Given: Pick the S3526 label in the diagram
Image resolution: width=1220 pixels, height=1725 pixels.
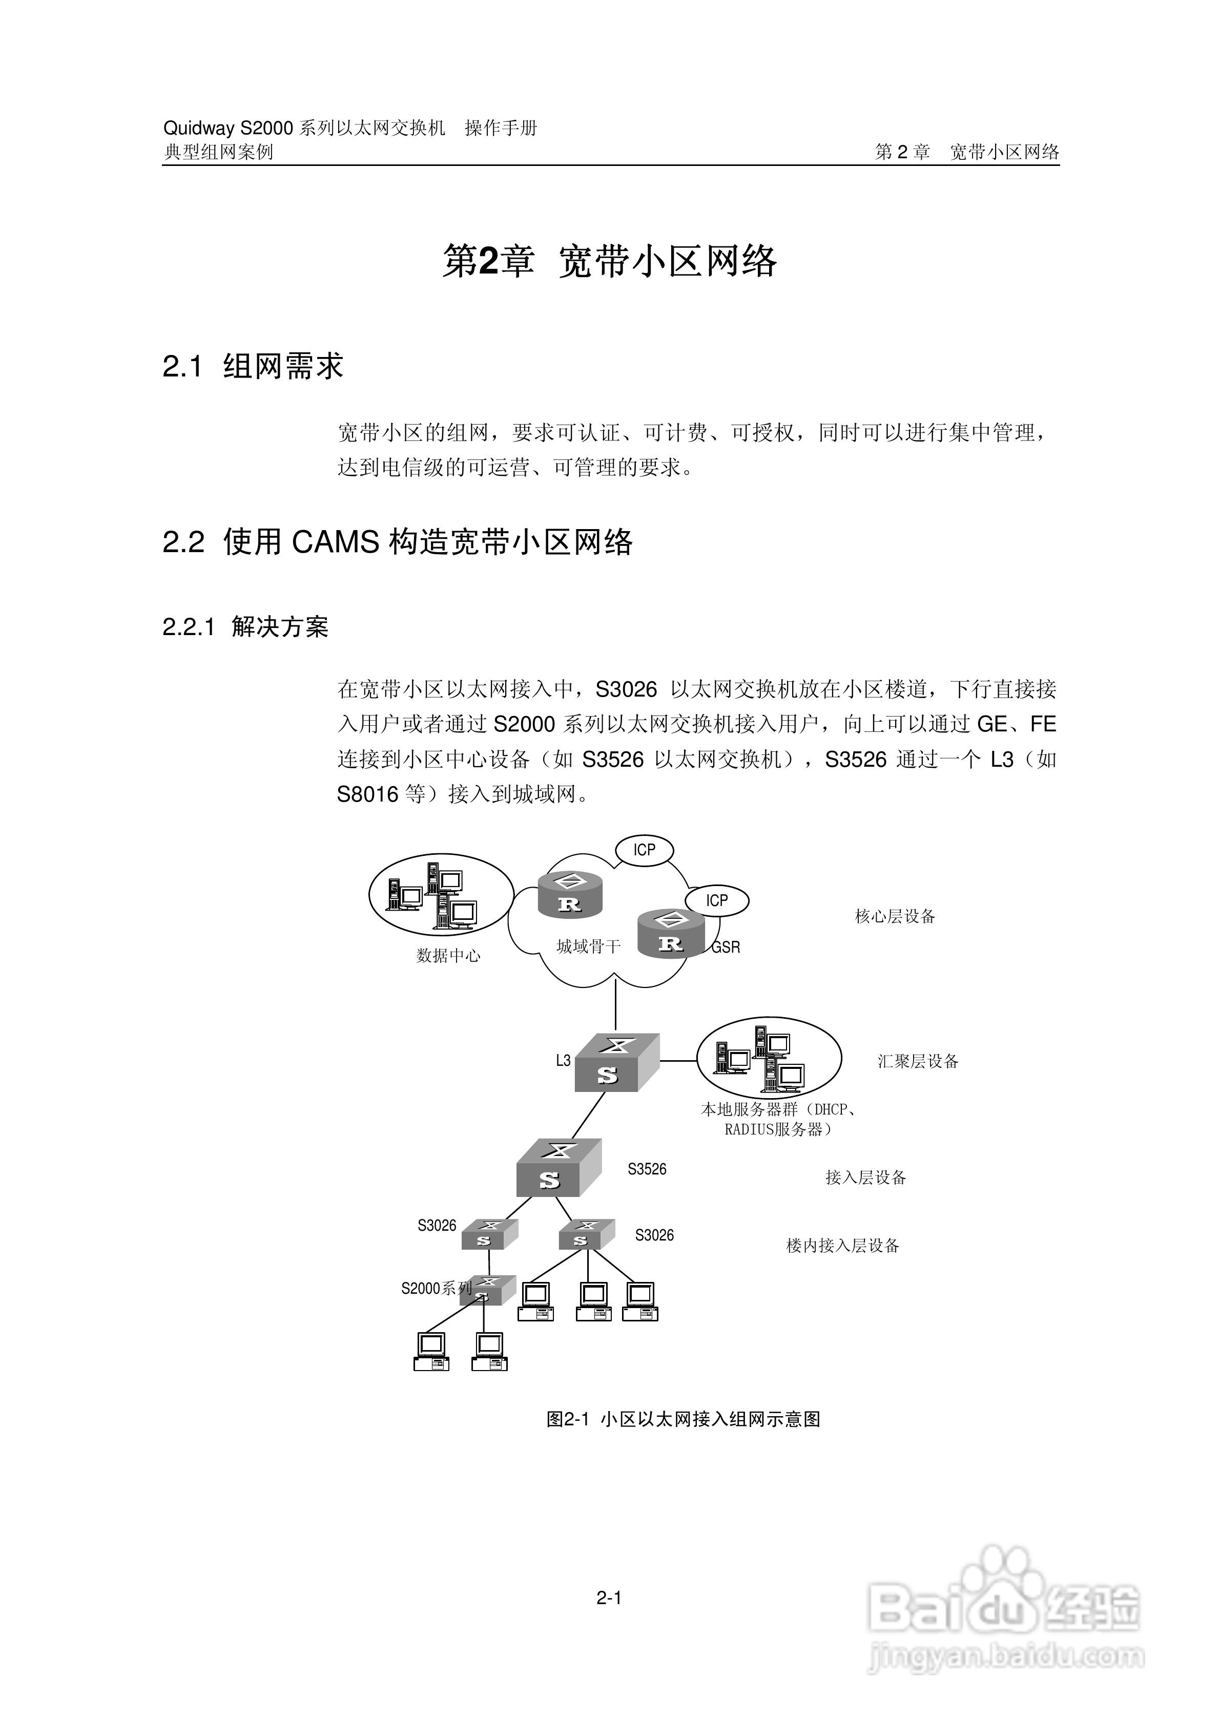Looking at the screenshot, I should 647,1169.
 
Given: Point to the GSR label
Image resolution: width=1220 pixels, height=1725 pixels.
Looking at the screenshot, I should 726,948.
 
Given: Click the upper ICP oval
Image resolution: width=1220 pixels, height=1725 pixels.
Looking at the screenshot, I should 644,850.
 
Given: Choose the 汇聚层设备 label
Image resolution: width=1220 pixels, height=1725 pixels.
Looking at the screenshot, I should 918,1062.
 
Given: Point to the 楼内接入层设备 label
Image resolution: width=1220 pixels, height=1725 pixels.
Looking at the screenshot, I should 843,1246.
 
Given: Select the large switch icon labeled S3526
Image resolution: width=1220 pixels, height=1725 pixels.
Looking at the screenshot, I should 559,1168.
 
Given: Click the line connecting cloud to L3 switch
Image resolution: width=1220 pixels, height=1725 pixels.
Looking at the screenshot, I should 616,1007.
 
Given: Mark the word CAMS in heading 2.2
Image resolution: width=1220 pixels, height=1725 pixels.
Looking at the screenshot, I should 335,542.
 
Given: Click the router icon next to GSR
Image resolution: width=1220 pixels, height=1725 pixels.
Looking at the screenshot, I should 671,934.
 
